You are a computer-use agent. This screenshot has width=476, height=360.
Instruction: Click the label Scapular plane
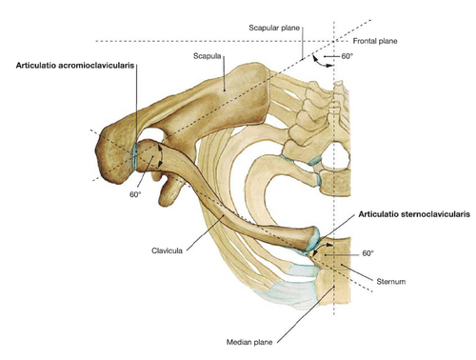(x=274, y=28)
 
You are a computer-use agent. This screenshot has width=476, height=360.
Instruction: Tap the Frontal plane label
(x=375, y=41)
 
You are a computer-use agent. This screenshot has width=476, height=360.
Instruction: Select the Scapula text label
(x=207, y=56)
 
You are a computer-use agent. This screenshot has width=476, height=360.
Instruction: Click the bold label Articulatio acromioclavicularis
(x=75, y=66)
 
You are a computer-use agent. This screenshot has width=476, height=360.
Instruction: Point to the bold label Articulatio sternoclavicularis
(x=414, y=214)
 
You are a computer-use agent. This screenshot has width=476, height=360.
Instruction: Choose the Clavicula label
(x=167, y=250)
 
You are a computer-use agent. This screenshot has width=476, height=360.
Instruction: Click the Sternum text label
(x=391, y=282)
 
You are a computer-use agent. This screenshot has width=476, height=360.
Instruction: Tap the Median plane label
(x=249, y=342)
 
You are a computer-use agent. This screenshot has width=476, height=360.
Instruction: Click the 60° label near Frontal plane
(x=347, y=56)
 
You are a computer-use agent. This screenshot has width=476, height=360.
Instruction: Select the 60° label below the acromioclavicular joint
(x=135, y=194)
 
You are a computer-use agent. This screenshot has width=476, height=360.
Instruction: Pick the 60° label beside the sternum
(x=368, y=253)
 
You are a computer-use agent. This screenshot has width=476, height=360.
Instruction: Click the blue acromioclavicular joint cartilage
(x=135, y=156)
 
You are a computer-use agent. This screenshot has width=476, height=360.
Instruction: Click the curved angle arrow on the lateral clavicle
(x=163, y=154)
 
